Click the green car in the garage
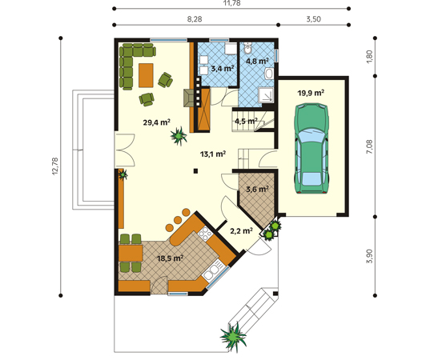311,149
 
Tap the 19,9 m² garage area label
311,93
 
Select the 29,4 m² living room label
157,122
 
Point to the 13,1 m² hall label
213,154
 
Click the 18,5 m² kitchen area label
170,258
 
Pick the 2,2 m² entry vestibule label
241,231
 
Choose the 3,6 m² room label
257,189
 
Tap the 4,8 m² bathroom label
257,61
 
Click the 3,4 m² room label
223,69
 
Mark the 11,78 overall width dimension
231,3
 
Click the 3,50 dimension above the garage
313,19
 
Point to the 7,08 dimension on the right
369,146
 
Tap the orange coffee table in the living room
146,75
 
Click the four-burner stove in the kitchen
205,234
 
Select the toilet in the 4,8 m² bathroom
248,49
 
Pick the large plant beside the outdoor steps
234,338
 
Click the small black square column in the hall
195,171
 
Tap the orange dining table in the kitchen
131,253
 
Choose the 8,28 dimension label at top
195,19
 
